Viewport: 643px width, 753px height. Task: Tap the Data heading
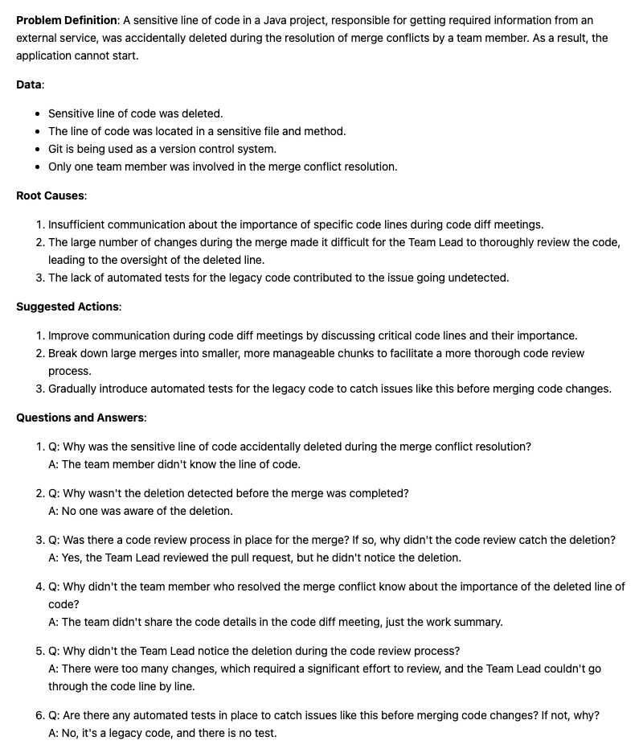click(x=29, y=84)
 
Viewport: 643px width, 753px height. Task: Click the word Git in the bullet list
click(x=56, y=149)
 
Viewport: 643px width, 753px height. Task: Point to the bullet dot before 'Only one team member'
click(x=38, y=167)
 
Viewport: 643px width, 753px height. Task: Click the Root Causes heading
click(x=51, y=195)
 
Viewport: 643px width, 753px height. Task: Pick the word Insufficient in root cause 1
click(x=76, y=224)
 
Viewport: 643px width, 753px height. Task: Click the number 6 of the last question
click(x=39, y=715)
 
